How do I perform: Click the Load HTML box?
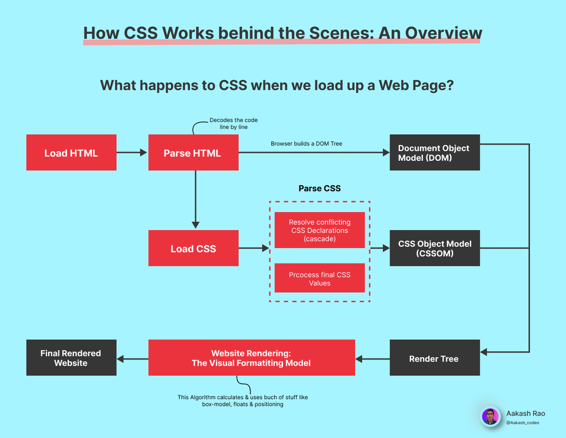pyautogui.click(x=71, y=153)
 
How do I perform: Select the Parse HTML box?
pyautogui.click(x=193, y=153)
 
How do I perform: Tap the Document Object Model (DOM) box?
pyautogui.click(x=434, y=153)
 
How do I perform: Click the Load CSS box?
pyautogui.click(x=193, y=248)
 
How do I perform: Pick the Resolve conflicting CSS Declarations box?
pyautogui.click(x=319, y=231)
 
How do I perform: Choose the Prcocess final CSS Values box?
pyautogui.click(x=319, y=279)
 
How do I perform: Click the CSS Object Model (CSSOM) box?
pyautogui.click(x=434, y=248)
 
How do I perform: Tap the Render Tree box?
pyautogui.click(x=434, y=358)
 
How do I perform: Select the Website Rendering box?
pyautogui.click(x=251, y=358)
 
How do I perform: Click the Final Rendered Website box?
pyautogui.click(x=71, y=358)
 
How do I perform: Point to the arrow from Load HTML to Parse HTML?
pyautogui.click(x=132, y=152)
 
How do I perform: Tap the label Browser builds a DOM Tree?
pyautogui.click(x=307, y=143)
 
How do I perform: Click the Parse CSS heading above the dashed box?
pyautogui.click(x=319, y=189)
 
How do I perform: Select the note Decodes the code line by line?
pyautogui.click(x=233, y=124)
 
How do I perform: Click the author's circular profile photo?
pyautogui.click(x=491, y=417)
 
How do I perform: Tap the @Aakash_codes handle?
pyautogui.click(x=523, y=422)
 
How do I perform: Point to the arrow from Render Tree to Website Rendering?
pyautogui.click(x=373, y=359)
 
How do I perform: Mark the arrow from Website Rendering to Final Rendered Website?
pyautogui.click(x=133, y=359)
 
